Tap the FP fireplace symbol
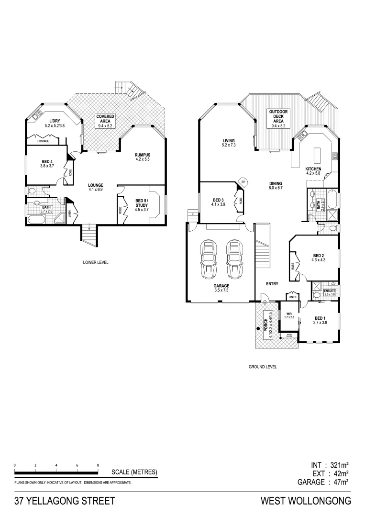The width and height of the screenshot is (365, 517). coord(243,182)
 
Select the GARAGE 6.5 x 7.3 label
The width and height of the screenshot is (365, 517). coord(221,288)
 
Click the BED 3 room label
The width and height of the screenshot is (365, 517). coord(218,202)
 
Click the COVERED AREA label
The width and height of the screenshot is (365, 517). coord(105,121)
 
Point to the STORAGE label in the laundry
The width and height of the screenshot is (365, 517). coord(43,141)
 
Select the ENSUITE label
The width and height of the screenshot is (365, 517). coord(330,292)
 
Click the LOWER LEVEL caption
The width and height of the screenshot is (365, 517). coord(96,262)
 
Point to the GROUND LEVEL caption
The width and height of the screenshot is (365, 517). coord(263,367)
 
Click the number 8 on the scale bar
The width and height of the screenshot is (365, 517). coord(98,465)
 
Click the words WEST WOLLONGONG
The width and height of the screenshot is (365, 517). coord(306,501)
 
